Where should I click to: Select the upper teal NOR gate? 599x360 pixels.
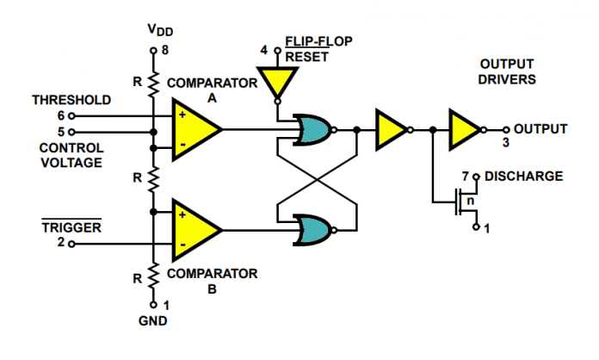click(x=312, y=130)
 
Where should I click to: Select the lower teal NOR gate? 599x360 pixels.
click(x=312, y=230)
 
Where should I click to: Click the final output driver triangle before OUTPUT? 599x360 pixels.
click(x=464, y=130)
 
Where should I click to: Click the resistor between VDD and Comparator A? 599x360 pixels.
click(x=153, y=83)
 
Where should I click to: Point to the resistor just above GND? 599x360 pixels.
click(x=153, y=276)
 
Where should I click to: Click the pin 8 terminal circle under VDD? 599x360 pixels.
click(x=153, y=51)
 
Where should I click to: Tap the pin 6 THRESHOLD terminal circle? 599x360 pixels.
click(x=71, y=115)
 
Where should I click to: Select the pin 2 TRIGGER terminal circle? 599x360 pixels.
click(x=71, y=244)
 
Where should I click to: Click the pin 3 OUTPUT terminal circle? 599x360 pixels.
click(x=506, y=130)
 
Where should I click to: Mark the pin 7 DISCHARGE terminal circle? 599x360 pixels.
click(x=476, y=177)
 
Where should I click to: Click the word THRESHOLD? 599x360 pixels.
click(x=71, y=100)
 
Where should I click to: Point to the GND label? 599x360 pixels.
click(x=153, y=320)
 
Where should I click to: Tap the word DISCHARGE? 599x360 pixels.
click(x=524, y=177)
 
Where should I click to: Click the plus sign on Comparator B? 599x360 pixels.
click(x=182, y=214)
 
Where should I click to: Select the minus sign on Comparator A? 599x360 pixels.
click(x=183, y=145)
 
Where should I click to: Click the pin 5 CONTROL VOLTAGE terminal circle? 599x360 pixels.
click(x=71, y=133)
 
